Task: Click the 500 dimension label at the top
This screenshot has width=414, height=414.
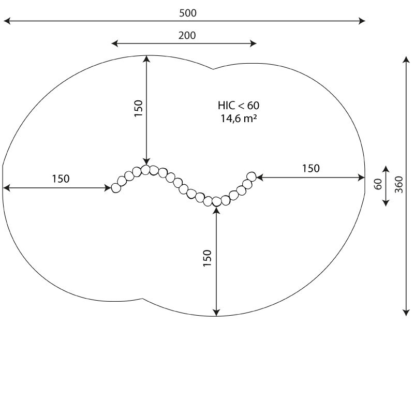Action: point(188,13)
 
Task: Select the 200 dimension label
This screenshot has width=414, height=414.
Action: point(187,35)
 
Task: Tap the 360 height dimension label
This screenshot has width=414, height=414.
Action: point(398,185)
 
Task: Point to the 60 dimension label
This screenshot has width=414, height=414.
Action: point(378,184)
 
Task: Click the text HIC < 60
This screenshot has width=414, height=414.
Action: point(239,106)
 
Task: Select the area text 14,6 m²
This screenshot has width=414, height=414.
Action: point(239,119)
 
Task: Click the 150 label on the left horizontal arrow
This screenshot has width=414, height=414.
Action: point(61,179)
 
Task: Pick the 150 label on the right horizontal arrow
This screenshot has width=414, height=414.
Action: point(311,168)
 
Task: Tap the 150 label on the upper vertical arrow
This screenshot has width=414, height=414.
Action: point(138,108)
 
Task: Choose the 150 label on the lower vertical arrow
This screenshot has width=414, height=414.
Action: point(208,258)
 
